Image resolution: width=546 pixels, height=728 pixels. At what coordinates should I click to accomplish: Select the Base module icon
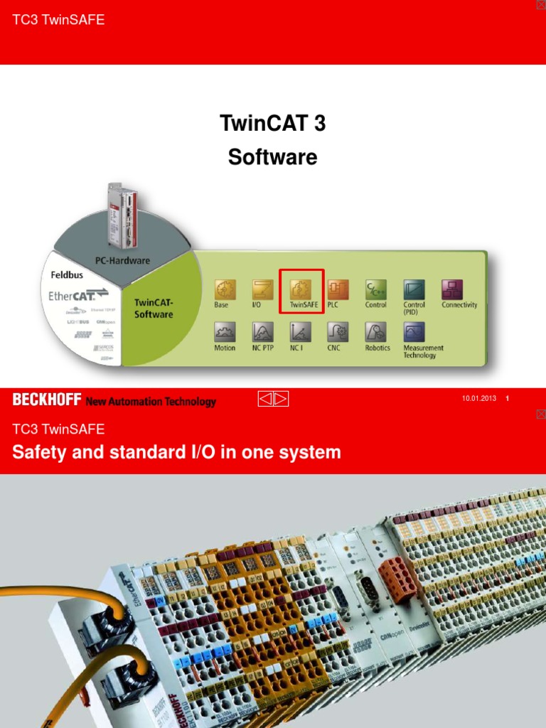point(225,289)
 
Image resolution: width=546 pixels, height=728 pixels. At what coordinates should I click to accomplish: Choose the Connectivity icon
point(452,289)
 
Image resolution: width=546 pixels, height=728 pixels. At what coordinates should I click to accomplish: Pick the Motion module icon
point(225,331)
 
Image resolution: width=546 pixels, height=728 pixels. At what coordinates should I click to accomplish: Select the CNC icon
point(338,331)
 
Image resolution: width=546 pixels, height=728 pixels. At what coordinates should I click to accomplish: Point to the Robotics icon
point(376,331)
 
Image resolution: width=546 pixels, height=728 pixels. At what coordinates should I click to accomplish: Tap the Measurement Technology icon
point(414,331)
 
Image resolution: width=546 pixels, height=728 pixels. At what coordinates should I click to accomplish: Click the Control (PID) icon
point(414,289)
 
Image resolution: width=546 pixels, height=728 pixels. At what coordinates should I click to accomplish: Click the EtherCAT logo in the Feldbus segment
point(79,295)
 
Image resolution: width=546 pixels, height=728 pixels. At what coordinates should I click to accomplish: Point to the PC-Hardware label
point(122,260)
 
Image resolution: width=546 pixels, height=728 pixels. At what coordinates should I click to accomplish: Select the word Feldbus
point(68,274)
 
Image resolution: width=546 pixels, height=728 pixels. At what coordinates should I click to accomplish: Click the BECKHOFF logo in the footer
point(47,400)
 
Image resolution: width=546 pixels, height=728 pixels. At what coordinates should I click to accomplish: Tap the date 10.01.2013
point(478,398)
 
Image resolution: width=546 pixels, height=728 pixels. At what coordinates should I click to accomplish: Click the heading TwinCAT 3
point(273,124)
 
